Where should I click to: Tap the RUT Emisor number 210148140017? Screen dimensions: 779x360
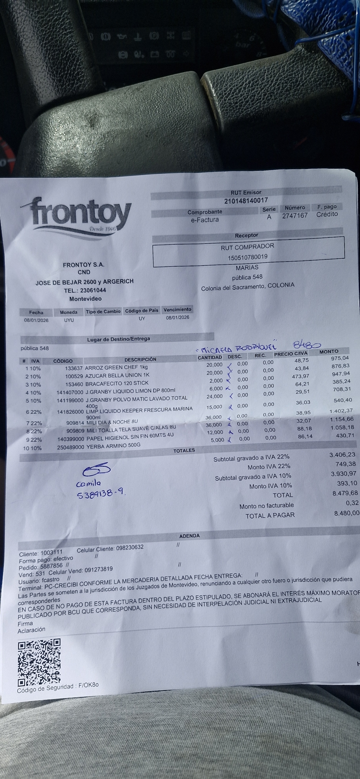pos(246,200)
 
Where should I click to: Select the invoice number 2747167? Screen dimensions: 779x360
pos(295,216)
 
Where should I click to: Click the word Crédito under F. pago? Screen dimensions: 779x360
pos(327,214)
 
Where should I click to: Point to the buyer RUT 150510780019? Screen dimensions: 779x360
pos(247,257)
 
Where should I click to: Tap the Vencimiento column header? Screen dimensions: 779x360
pos(177,309)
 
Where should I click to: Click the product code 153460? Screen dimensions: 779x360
pos(74,384)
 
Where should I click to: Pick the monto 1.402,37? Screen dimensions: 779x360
pos(341,411)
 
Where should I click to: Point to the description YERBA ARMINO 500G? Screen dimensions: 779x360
pos(113,445)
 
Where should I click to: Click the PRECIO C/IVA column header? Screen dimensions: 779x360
pos(291,354)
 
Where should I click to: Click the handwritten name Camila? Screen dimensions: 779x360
pos(88,483)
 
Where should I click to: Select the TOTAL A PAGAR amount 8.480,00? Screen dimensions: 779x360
pos(346,513)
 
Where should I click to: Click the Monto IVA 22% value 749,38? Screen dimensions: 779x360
pos(346,464)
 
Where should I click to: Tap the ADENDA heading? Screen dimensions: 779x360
pos(189,536)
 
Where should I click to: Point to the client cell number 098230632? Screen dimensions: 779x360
pos(129,548)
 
